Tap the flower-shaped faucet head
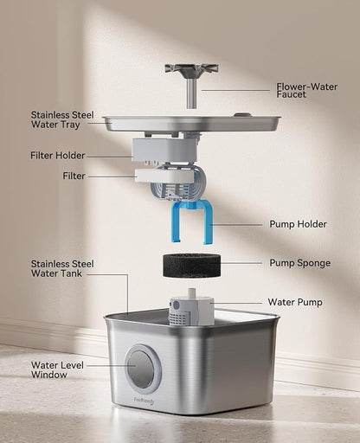[191, 68]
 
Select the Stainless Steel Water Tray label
[62, 120]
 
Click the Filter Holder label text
[59, 157]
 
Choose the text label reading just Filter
[74, 176]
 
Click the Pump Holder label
[298, 224]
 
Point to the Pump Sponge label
[299, 262]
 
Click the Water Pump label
[295, 302]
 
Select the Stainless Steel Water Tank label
[62, 269]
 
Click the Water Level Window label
[58, 370]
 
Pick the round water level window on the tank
[142, 369]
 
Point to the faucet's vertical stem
[191, 93]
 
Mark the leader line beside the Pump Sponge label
[241, 262]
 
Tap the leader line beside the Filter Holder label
[109, 157]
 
